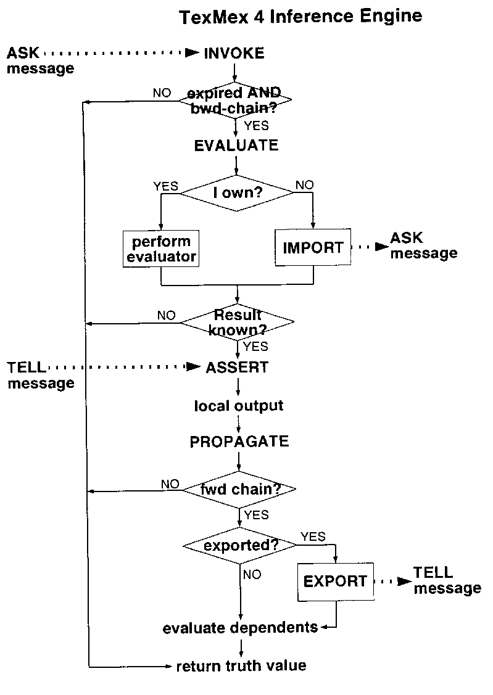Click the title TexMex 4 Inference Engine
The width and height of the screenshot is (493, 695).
300,17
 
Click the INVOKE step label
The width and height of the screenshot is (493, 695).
234,54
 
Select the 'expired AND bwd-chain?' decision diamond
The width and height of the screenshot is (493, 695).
235,100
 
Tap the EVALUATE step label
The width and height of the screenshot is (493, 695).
236,146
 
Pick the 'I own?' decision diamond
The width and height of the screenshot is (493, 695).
237,193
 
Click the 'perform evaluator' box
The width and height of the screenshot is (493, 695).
161,249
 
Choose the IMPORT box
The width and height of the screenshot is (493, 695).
313,248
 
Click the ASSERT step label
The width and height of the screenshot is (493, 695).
237,368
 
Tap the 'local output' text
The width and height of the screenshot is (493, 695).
239,406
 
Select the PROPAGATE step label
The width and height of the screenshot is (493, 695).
239,442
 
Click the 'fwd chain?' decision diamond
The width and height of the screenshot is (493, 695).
240,490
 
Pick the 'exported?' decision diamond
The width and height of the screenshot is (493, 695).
240,545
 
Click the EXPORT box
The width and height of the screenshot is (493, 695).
336,581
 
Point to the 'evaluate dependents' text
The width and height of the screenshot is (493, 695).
240,628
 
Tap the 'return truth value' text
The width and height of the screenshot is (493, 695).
241,666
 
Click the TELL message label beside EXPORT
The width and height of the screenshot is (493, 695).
447,580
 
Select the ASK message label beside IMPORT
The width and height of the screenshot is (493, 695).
423,245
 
